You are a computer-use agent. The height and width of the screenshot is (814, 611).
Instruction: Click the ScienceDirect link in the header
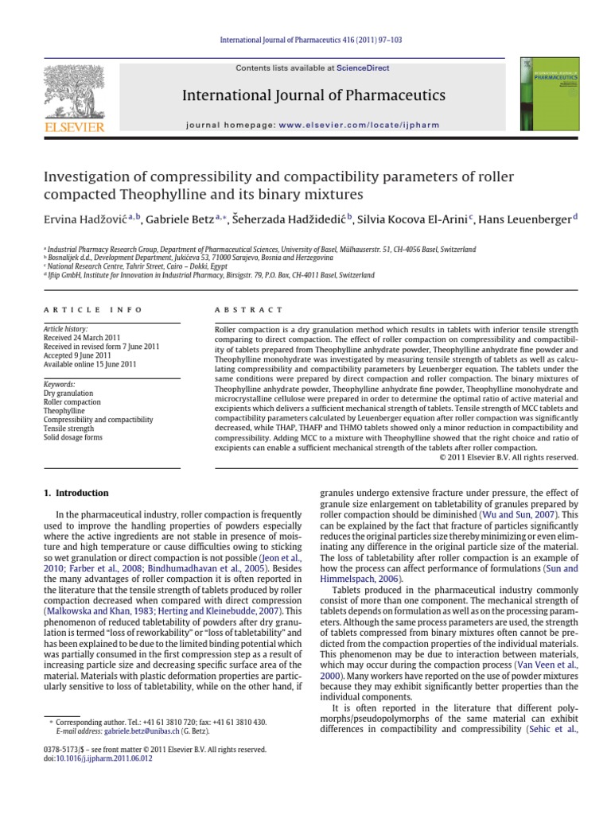pyautogui.click(x=363, y=68)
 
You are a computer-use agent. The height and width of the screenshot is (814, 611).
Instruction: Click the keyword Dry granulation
pyautogui.click(x=68, y=393)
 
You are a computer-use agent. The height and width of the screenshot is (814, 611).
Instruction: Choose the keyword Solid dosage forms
pyautogui.click(x=74, y=436)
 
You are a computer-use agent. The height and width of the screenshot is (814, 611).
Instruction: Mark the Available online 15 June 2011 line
pyautogui.click(x=89, y=364)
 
